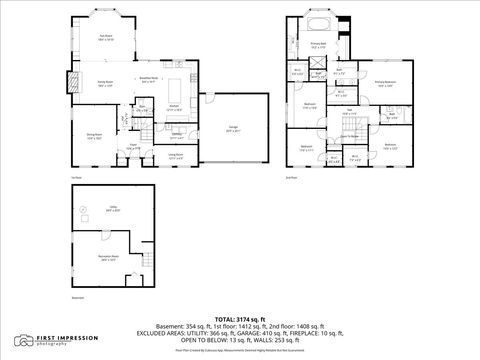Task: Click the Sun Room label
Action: click(x=104, y=37)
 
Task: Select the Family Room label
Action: click(x=104, y=85)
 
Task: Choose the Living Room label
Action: click(x=175, y=155)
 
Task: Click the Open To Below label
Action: click(x=349, y=134)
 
